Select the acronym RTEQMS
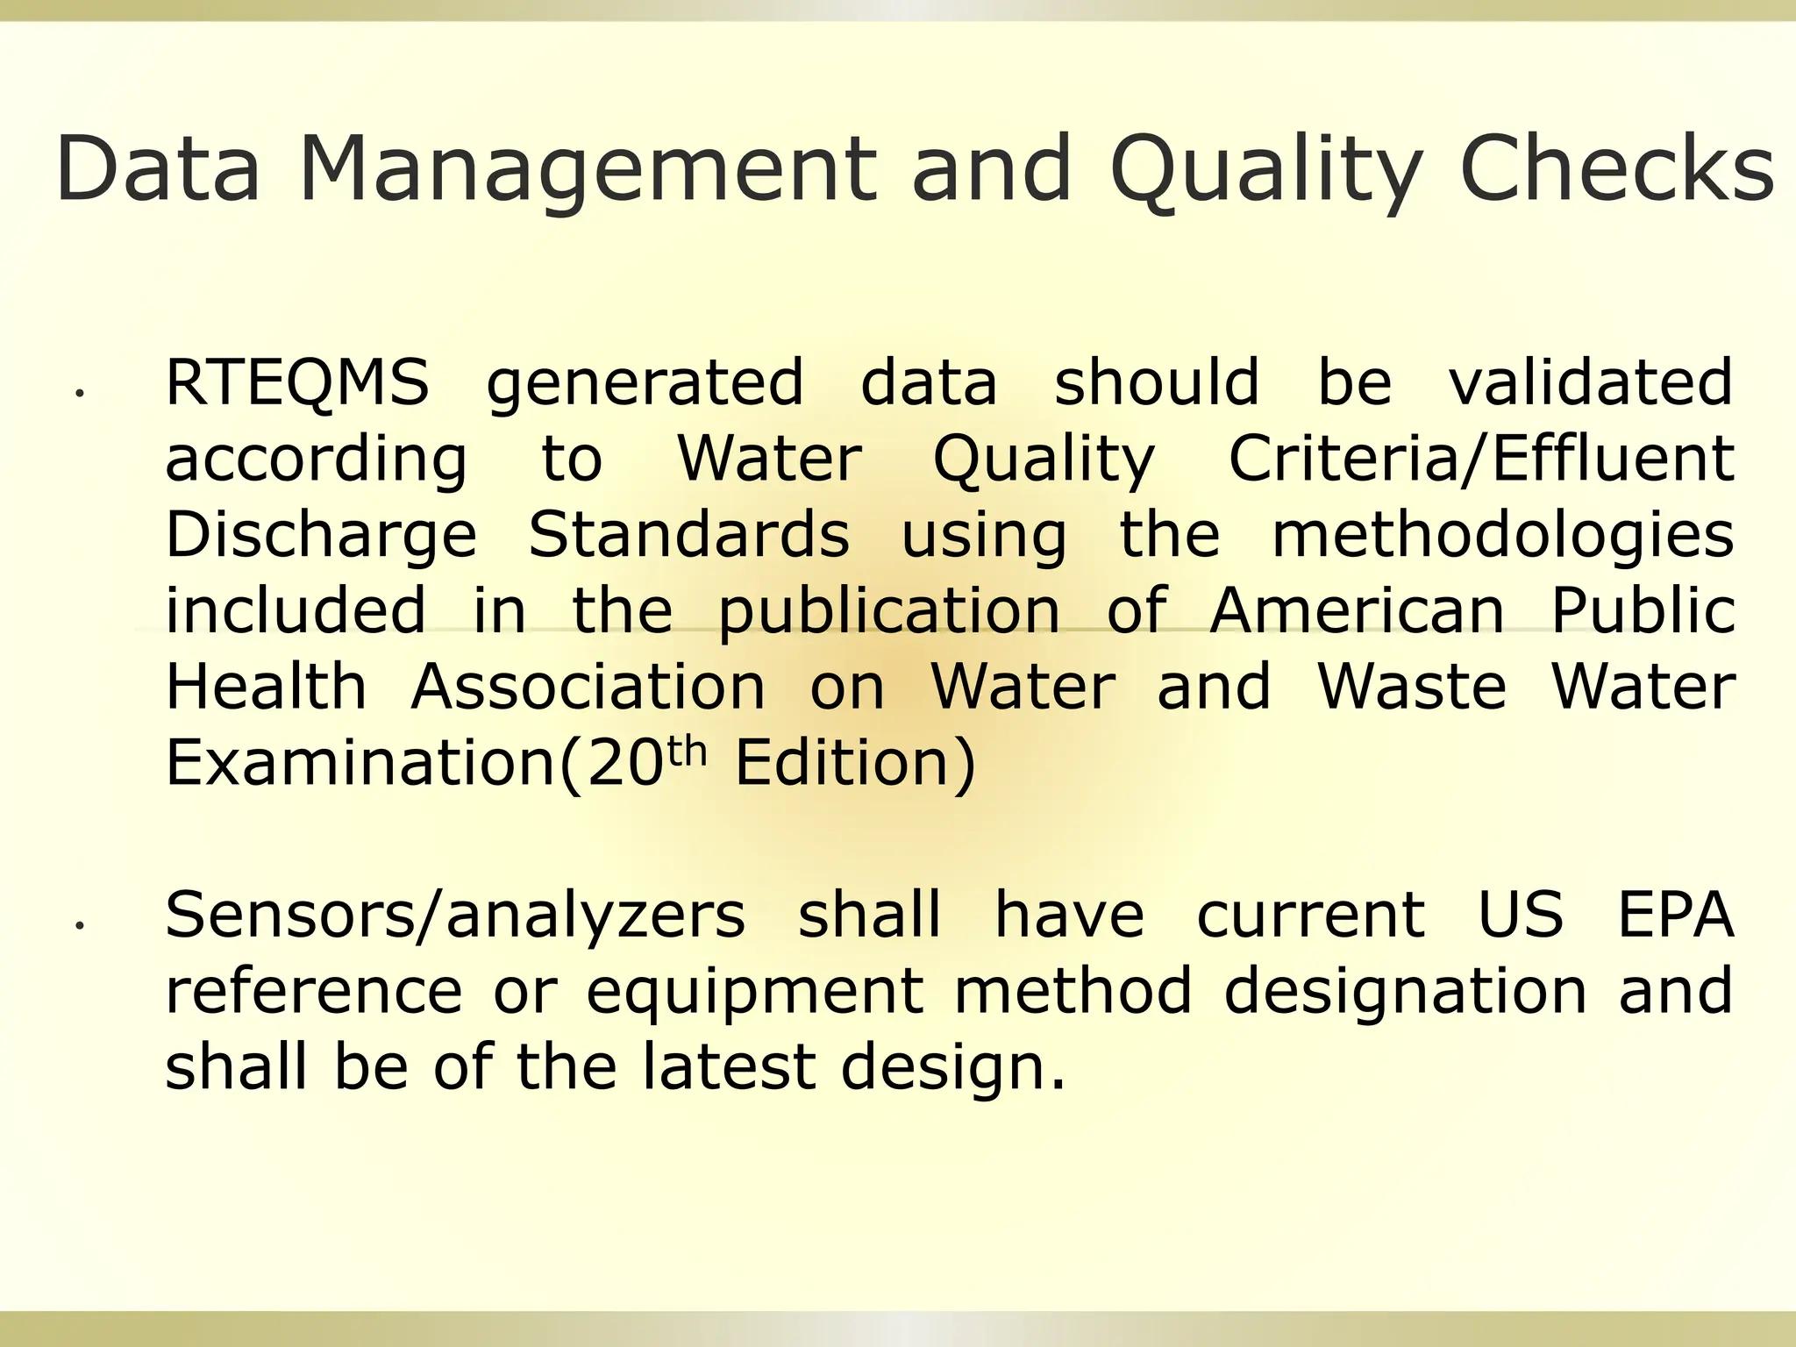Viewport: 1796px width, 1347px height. click(297, 382)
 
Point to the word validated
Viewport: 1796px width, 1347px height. click(1590, 382)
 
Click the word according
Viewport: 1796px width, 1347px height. click(316, 460)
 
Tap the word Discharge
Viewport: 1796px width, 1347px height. click(321, 536)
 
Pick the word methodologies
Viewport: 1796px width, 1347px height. click(1502, 535)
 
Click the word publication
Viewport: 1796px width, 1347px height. click(888, 612)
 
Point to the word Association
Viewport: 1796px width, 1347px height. click(588, 687)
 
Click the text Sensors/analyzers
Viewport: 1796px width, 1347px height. click(455, 915)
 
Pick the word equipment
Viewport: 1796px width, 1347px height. click(755, 992)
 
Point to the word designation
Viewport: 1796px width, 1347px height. click(1405, 992)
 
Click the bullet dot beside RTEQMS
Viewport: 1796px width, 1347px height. click(79, 395)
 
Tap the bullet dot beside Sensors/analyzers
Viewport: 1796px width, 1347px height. click(79, 926)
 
